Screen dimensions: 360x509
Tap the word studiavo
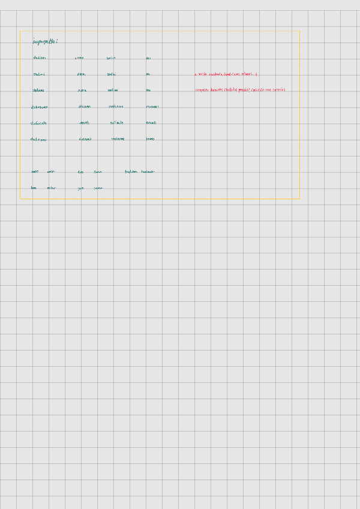click(x=40, y=58)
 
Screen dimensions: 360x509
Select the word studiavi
click(x=40, y=74)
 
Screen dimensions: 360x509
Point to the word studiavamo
click(x=40, y=107)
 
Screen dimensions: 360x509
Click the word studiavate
click(x=39, y=123)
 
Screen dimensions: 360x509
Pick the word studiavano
click(x=39, y=139)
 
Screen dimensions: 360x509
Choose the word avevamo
click(x=85, y=107)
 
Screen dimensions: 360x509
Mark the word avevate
click(x=84, y=123)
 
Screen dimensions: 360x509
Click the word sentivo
click(x=111, y=58)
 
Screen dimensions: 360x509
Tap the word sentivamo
click(x=116, y=107)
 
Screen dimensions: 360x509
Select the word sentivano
click(x=118, y=139)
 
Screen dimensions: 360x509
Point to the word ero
click(x=148, y=58)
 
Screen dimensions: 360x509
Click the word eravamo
click(x=152, y=107)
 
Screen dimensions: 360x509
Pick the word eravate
click(x=151, y=123)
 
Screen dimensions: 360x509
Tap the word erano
click(x=150, y=139)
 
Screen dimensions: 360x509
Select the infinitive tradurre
click(x=131, y=172)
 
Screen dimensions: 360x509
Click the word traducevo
click(x=148, y=172)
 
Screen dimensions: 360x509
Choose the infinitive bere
click(x=34, y=188)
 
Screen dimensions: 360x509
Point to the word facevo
click(x=98, y=172)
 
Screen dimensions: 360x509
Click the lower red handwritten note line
click(x=240, y=90)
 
